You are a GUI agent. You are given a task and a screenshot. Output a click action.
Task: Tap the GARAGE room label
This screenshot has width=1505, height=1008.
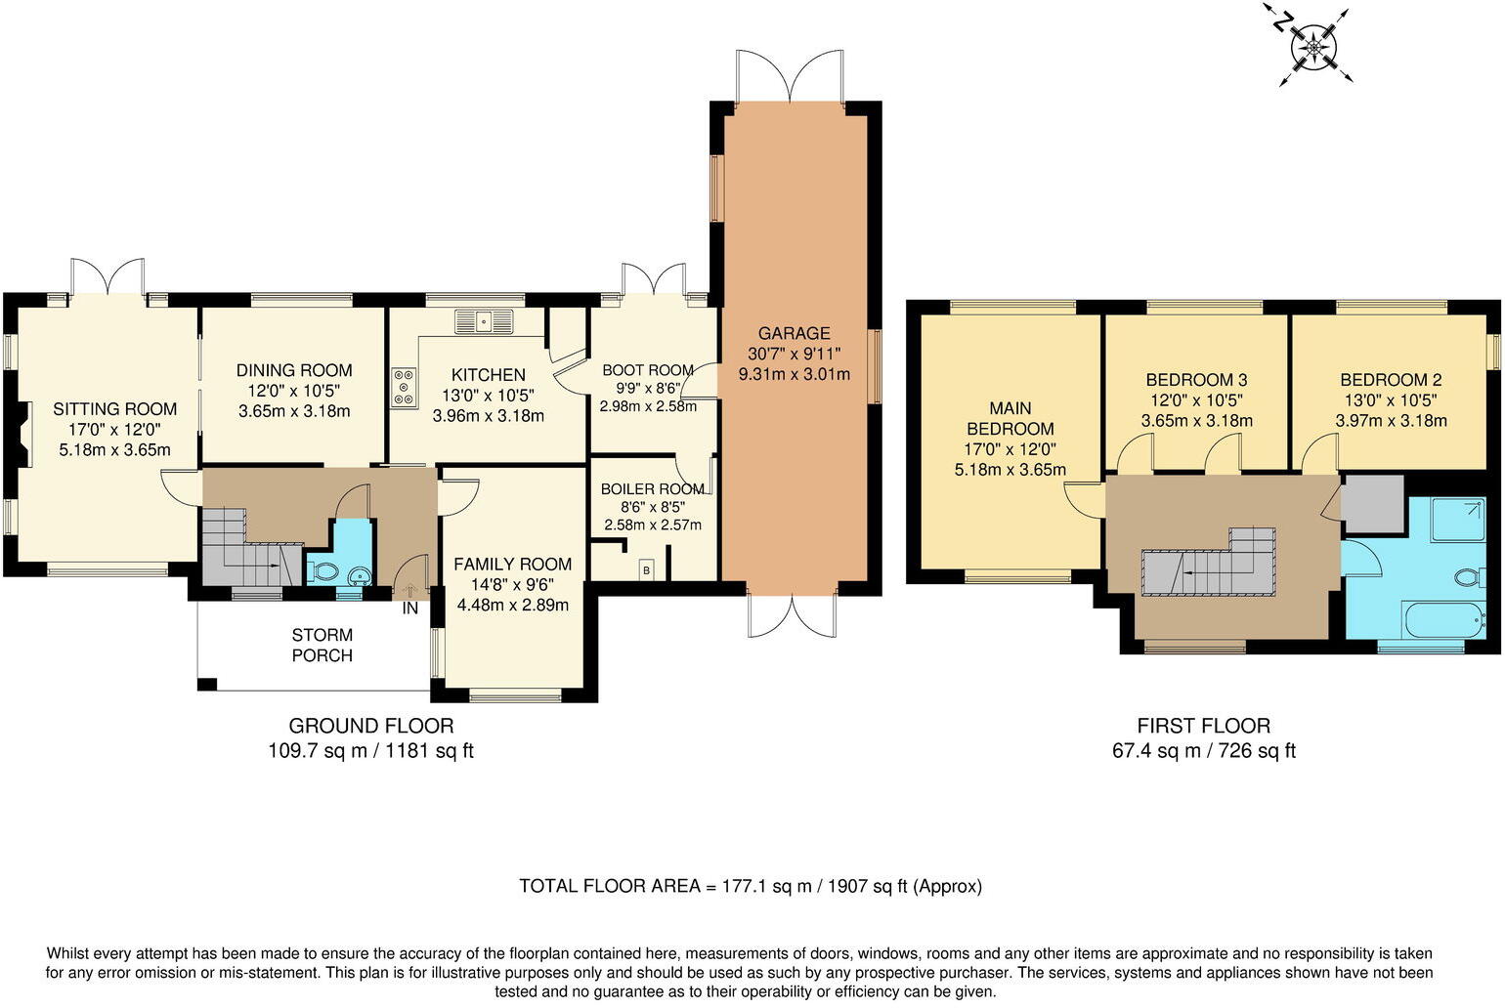coord(794,333)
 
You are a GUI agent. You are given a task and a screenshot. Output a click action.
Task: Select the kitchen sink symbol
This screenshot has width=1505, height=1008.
coord(484,320)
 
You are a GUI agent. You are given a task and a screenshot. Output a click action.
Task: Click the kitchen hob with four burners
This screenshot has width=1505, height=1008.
coord(403,386)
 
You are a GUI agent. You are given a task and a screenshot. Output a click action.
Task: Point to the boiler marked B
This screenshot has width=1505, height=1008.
coord(645,568)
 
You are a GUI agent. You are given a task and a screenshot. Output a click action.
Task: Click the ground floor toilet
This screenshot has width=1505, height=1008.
coord(322,571)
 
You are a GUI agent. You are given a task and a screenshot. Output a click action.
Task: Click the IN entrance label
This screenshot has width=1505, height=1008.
coord(410,609)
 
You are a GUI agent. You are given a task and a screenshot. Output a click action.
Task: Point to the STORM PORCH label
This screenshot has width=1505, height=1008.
coord(322,646)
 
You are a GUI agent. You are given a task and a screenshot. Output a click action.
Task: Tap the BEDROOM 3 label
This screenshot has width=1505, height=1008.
coord(1196,380)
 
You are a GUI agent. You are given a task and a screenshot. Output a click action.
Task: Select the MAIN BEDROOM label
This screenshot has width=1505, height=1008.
coord(1010,418)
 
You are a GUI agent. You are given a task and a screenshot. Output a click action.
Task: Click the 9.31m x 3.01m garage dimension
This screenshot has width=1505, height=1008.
coord(794,374)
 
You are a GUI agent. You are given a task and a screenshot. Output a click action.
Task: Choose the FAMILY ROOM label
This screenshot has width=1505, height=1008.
coord(512,564)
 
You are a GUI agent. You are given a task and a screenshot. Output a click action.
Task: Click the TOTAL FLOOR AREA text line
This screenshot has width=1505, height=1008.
coord(750,886)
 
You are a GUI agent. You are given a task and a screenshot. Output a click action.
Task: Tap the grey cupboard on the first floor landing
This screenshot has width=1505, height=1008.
coord(1372,504)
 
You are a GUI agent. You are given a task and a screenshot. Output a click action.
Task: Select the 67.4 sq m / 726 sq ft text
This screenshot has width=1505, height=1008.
coord(1203,750)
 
